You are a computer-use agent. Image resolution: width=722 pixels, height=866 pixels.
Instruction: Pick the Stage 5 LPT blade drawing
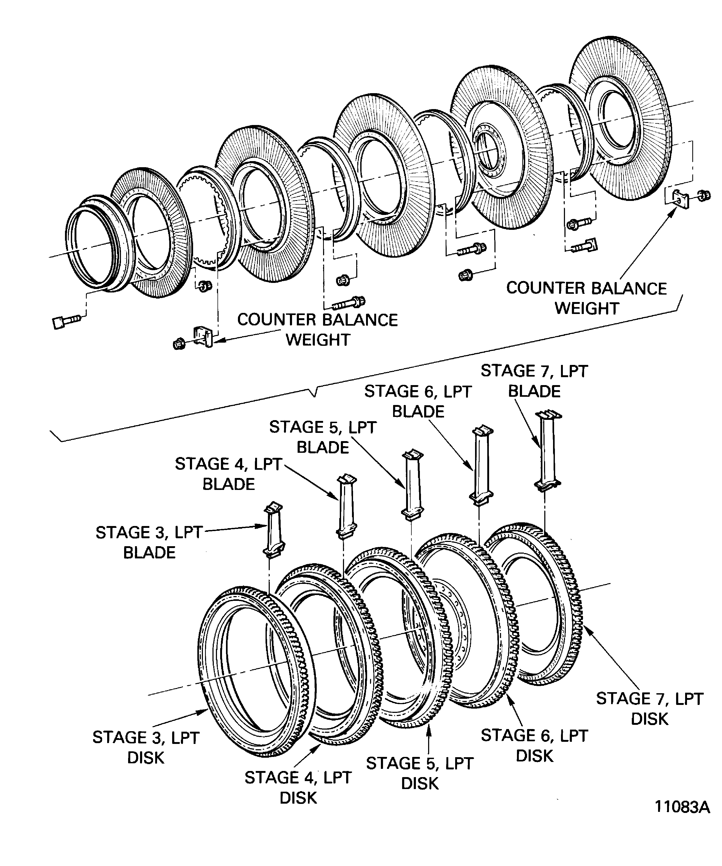click(x=412, y=485)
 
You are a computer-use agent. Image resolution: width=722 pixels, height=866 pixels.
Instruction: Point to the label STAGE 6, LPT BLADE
click(x=417, y=401)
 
